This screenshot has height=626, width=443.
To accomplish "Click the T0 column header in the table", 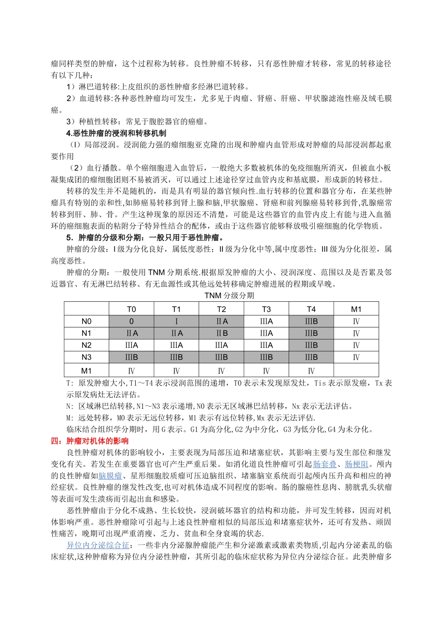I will [132, 309].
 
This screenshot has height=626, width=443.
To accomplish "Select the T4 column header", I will [311, 309].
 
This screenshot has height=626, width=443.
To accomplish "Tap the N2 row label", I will [86, 346].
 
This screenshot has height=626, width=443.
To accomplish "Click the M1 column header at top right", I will [356, 309].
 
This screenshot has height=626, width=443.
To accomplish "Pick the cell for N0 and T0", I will [132, 321].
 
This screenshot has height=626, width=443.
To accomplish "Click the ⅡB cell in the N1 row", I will [221, 333].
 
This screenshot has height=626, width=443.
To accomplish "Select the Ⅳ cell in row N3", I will [356, 358].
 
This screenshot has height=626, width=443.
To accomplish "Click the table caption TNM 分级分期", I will [229, 296].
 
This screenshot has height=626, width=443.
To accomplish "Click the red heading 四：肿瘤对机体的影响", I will [90, 441].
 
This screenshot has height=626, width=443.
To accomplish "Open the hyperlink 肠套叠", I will [325, 464].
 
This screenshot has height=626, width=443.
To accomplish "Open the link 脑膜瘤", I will [110, 476].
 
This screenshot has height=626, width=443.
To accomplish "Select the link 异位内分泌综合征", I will [98, 545].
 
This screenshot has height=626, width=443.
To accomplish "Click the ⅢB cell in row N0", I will [311, 321].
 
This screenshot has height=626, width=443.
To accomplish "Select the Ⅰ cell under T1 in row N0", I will [176, 321].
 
